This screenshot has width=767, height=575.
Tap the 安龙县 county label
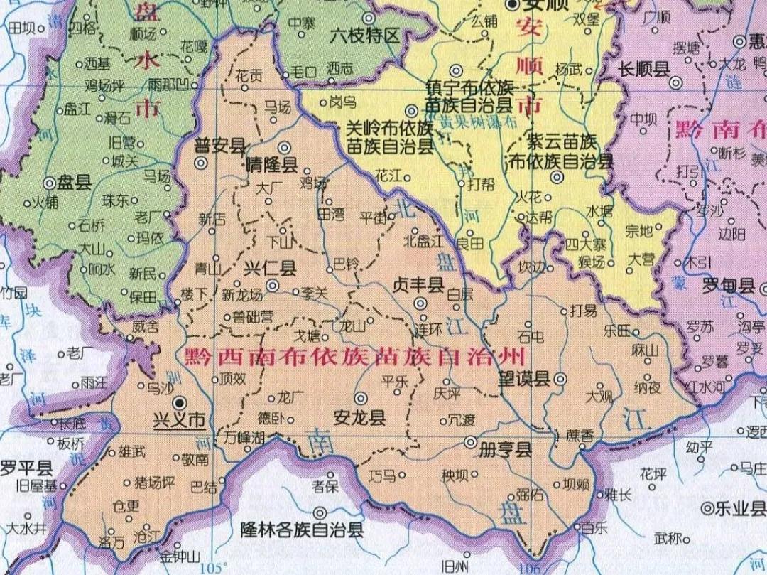pos(360,417)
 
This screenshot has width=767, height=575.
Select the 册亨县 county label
pos(506,450)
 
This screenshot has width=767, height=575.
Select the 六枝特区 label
pos(366,36)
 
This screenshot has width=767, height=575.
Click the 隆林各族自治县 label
pos(302,530)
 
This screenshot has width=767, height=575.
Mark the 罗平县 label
pos(26,468)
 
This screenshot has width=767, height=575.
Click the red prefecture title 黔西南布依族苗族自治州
pos(354,355)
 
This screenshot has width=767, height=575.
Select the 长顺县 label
pos(644,69)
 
